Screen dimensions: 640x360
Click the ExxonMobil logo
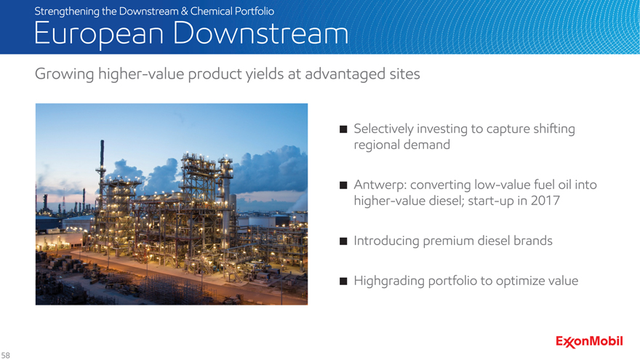tap(589, 342)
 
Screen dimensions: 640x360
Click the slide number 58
tap(5, 356)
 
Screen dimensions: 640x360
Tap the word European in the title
tap(99, 34)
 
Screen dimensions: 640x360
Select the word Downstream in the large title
tap(260, 33)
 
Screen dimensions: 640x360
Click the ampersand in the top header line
tap(185, 12)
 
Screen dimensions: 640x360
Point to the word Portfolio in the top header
tap(254, 11)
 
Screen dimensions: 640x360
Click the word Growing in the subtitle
tap(65, 75)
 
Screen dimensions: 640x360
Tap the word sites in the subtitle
tap(404, 74)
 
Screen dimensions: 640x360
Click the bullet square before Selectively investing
tap(343, 129)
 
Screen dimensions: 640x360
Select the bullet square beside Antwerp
tap(343, 185)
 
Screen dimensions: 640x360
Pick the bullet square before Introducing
tap(343, 241)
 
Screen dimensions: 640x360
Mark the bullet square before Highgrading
tap(343, 281)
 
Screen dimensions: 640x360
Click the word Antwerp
tap(380, 185)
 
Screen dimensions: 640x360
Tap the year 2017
tap(545, 201)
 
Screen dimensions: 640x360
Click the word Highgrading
tap(389, 281)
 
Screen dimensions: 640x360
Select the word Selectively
tap(384, 129)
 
